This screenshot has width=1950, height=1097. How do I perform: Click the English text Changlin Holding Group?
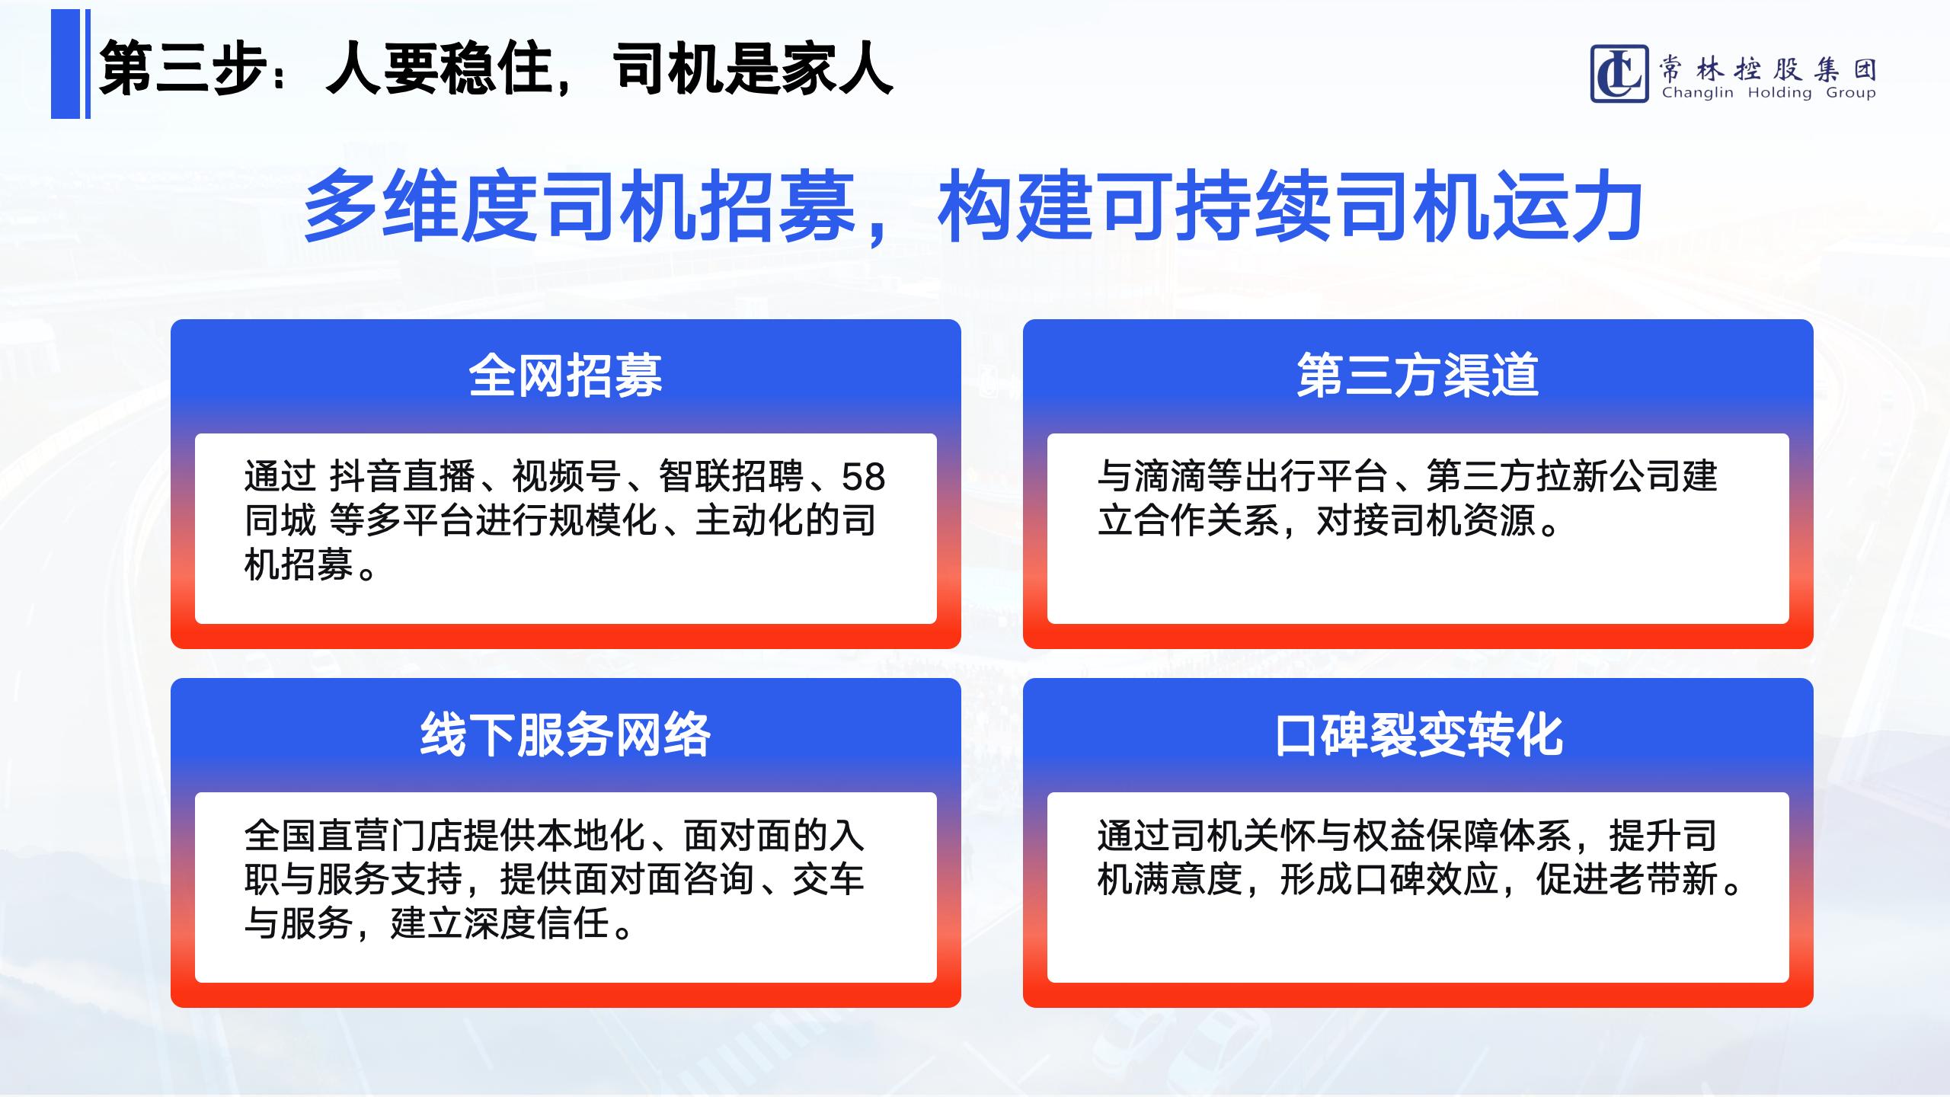1769,93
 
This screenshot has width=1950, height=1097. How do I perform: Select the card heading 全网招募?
565,376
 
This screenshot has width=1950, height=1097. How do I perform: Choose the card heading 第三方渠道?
1418,376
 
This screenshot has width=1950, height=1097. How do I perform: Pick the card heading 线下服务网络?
565,735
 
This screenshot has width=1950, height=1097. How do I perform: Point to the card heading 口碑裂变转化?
1418,735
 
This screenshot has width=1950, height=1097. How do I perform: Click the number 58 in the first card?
863,478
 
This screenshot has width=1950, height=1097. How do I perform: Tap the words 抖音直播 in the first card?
402,477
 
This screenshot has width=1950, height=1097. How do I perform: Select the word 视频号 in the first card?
566,477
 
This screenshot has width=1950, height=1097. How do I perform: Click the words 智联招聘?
730,477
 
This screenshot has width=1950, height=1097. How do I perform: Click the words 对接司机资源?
1425,521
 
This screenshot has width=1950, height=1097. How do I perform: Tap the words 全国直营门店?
353,836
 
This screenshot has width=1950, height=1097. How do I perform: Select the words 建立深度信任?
500,924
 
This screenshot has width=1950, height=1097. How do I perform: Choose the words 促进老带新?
1626,880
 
